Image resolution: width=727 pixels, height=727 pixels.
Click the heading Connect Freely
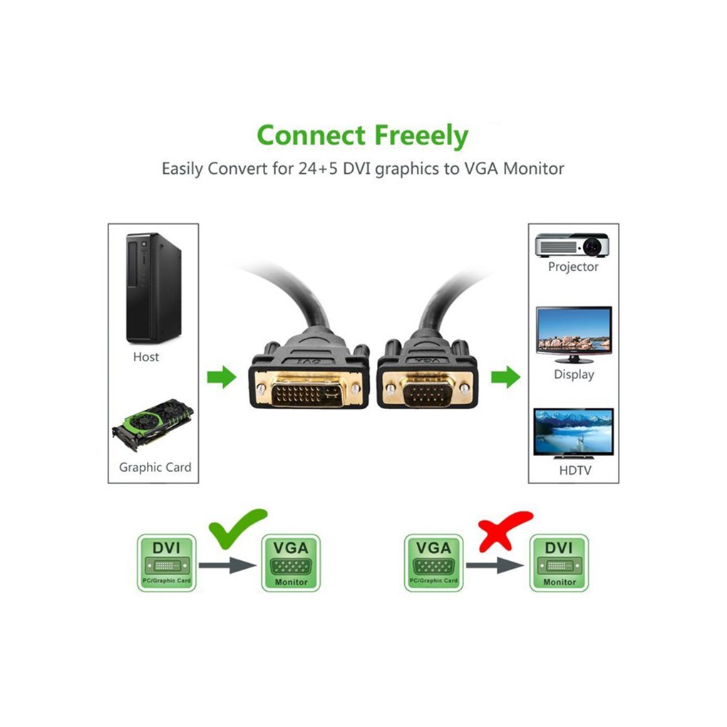[x=363, y=135]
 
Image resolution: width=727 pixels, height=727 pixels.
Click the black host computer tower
[x=153, y=288]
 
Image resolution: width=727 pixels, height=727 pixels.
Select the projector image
[x=572, y=245]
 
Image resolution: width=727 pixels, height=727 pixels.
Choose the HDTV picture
[x=573, y=433]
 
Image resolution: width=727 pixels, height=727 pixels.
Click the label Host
[x=146, y=356]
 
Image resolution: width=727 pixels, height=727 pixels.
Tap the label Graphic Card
[x=155, y=468]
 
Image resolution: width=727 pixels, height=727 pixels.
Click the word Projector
[x=573, y=267]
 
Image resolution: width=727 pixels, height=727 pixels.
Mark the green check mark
[x=237, y=526]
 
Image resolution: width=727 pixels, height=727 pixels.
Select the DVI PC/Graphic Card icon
[x=166, y=562]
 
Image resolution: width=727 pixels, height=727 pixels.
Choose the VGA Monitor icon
[x=291, y=562]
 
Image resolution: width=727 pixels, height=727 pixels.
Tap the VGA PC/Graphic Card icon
[x=433, y=562]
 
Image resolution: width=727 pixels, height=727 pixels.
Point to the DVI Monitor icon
[x=559, y=562]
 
